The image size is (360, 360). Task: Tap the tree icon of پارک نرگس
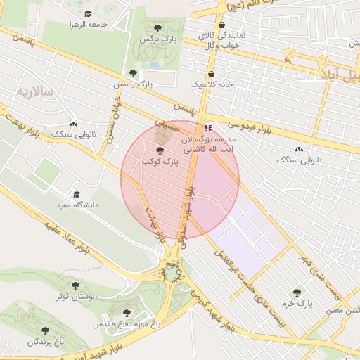157,29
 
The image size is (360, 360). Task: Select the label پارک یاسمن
134,84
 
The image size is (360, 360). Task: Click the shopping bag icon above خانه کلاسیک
211,73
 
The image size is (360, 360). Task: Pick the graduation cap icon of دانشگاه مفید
77,195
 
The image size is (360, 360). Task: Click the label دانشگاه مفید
77,205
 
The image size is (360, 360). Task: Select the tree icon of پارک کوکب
160,150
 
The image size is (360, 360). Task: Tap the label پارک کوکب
160,162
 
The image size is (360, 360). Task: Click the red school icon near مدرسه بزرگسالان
207,129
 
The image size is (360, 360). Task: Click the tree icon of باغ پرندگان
45,330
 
